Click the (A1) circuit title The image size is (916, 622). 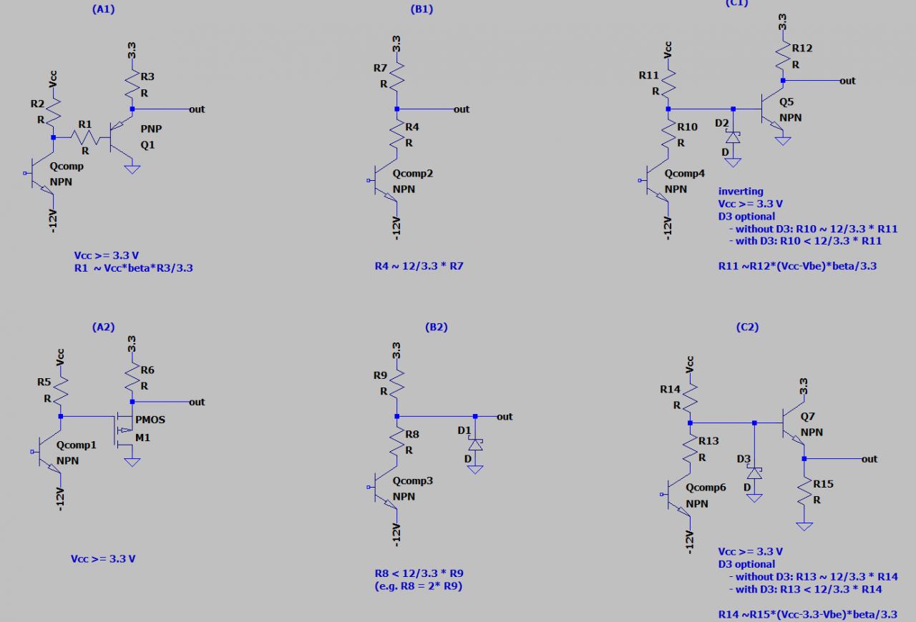103,9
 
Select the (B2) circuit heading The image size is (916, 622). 436,327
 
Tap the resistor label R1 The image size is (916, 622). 84,124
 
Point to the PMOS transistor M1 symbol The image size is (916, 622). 123,428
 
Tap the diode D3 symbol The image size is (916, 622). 754,473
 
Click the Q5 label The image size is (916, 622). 786,102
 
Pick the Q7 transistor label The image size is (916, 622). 807,416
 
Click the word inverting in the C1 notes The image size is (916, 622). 741,191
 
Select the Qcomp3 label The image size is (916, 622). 413,480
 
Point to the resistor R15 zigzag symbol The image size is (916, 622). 804,493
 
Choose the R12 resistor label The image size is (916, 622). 802,48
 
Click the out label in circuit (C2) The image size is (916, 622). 869,458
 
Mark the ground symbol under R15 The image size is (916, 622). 804,526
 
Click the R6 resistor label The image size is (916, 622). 147,370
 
